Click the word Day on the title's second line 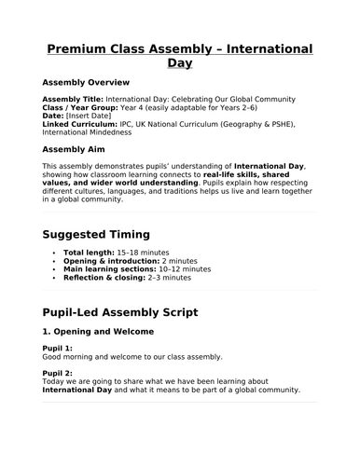coord(180,65)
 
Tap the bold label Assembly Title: coord(73,98)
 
